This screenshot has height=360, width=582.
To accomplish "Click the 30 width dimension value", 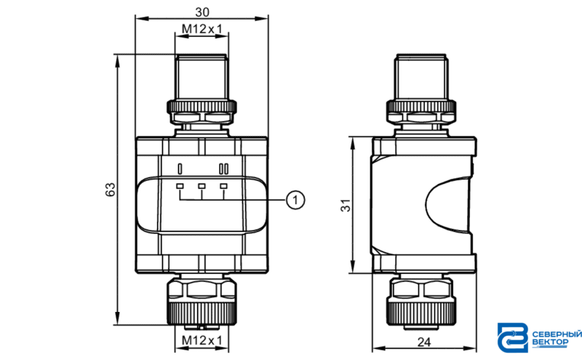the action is click(x=202, y=12).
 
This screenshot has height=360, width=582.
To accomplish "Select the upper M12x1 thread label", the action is click(x=202, y=28).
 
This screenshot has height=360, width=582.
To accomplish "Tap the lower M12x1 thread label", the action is click(x=202, y=340).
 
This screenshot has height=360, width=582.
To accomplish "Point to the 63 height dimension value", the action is click(x=111, y=190).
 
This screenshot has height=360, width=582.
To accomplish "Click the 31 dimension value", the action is click(x=346, y=205).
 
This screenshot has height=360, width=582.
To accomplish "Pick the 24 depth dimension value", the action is click(x=424, y=342).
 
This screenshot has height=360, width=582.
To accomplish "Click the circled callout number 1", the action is click(x=295, y=200).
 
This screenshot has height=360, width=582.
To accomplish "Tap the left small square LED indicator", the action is click(x=180, y=186).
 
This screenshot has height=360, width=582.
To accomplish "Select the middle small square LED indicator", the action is click(x=202, y=186).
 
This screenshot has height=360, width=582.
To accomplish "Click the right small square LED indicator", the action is click(x=223, y=186).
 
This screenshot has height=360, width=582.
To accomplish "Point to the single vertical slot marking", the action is click(x=180, y=169).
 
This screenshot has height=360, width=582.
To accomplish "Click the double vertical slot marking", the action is click(x=223, y=169).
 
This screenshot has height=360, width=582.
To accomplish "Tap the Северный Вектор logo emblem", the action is click(x=513, y=337).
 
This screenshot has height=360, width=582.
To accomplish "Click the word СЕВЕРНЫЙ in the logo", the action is click(x=557, y=335).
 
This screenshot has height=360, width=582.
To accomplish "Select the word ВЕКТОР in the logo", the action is click(x=550, y=343).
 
